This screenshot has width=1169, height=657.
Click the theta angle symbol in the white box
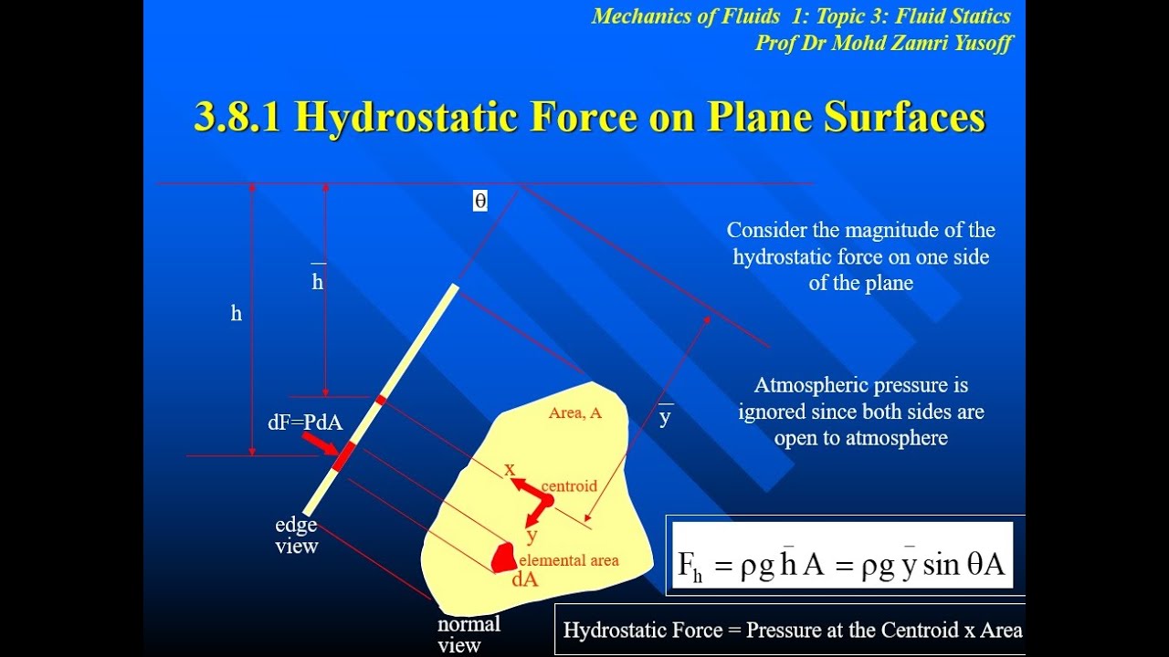pos(480,201)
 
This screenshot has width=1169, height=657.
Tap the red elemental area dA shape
pos(503,558)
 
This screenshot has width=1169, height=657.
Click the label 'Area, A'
pos(575,413)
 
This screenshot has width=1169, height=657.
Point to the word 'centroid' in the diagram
pos(569,485)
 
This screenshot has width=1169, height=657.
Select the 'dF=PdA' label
pos(305,422)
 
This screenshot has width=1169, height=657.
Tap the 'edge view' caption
pos(297,536)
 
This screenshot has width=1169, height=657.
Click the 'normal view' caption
pos(469,635)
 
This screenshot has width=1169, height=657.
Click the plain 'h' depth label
pos(237,314)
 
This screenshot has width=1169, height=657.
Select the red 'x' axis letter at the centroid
pos(510,469)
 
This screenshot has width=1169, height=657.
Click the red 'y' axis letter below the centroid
pos(532,536)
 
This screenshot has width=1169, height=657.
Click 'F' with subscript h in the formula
pos(690,566)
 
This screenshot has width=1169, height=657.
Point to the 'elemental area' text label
pos(569,560)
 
